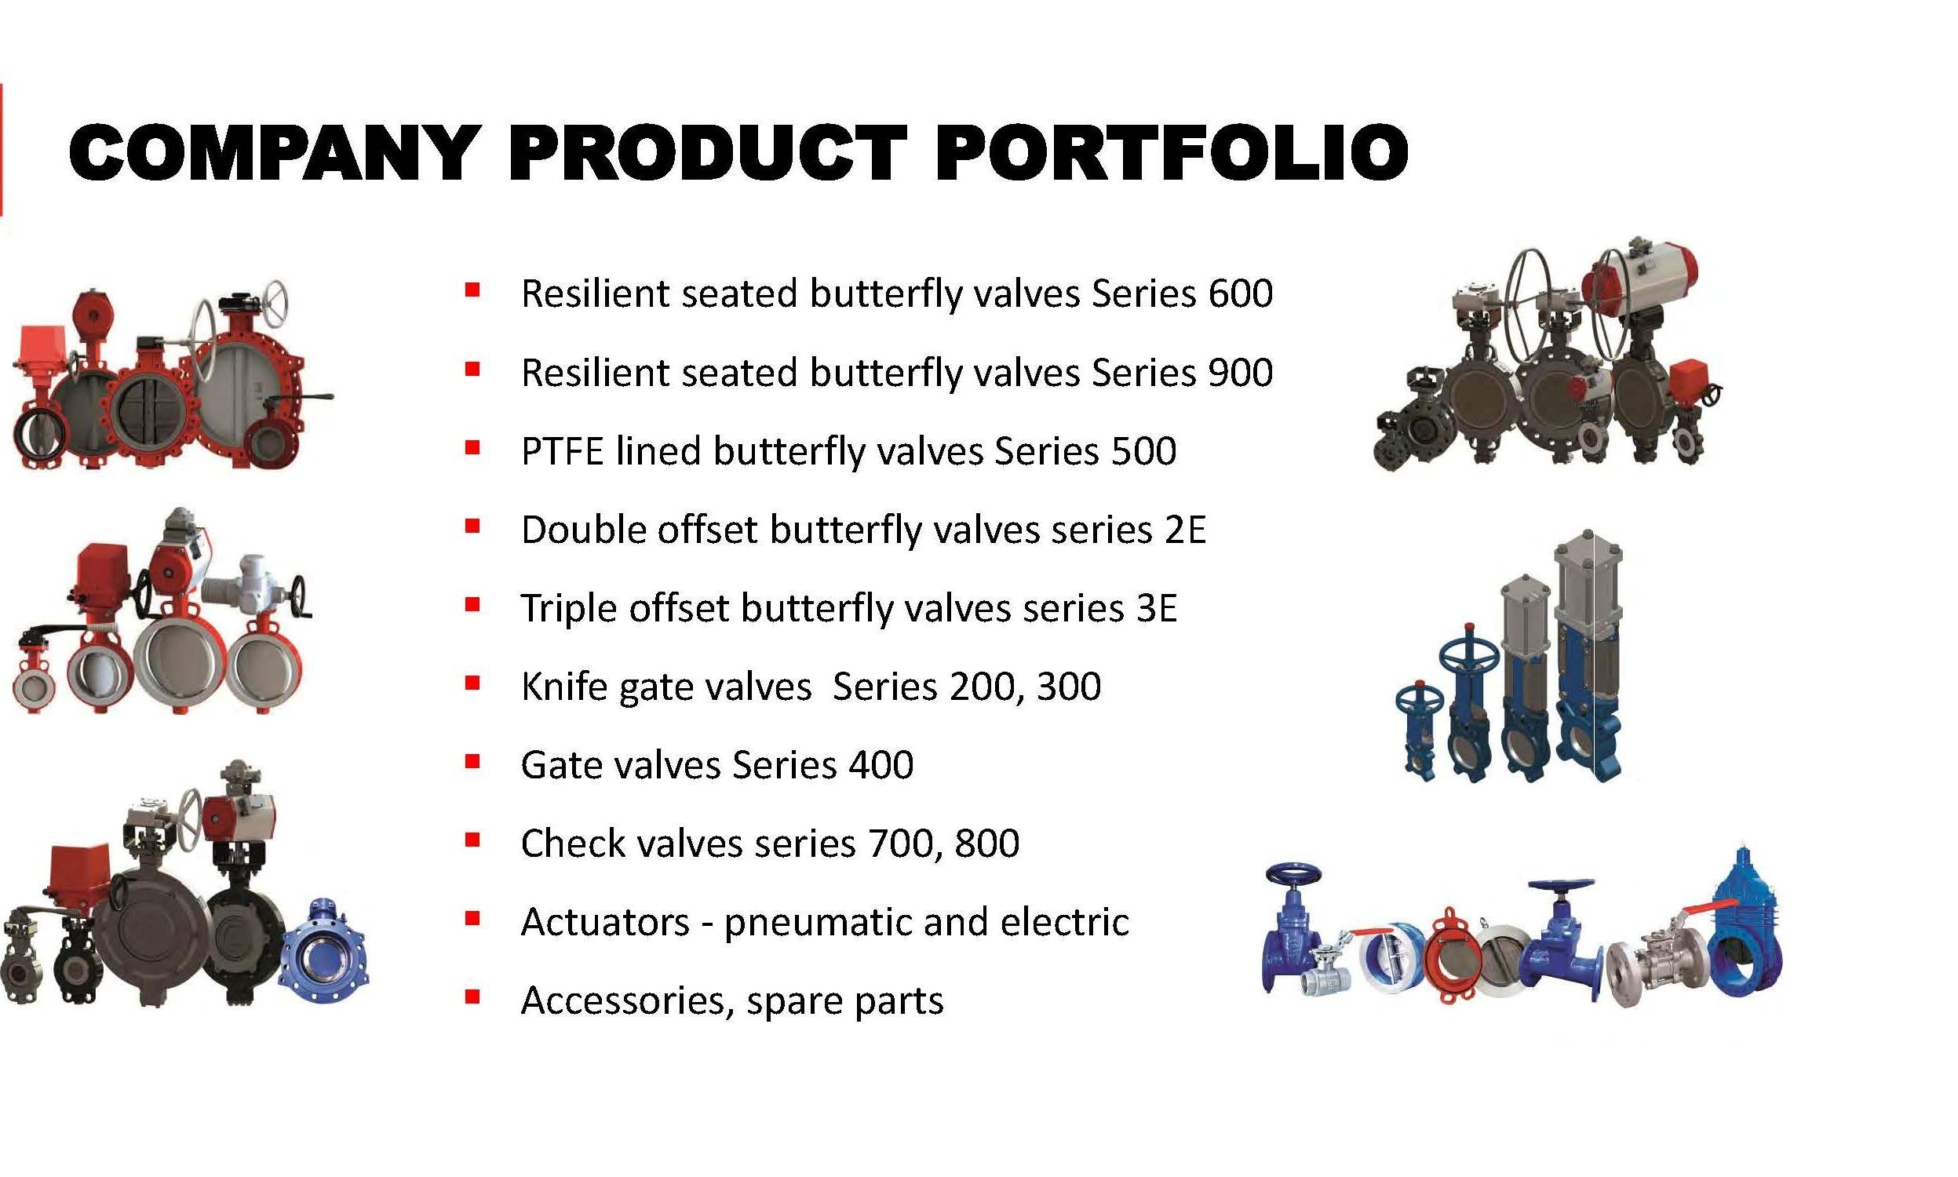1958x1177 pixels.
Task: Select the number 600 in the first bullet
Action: pos(1240,293)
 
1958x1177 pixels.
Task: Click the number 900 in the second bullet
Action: pos(1240,372)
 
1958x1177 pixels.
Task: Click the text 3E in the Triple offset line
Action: pos(1156,607)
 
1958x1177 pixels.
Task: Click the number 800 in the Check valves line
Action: pos(986,842)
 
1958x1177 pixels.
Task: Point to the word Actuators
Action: pos(605,922)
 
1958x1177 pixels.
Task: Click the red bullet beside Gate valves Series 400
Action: pos(472,761)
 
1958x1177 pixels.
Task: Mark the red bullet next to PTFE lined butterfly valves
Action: pos(472,448)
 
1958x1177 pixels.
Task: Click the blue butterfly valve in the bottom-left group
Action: pos(323,949)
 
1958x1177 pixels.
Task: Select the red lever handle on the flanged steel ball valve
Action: pos(1710,908)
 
